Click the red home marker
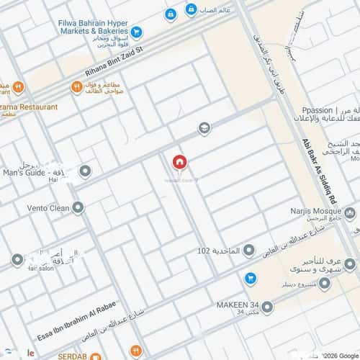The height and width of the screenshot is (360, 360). click(179, 163)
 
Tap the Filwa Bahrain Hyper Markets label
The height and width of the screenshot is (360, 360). click(93, 27)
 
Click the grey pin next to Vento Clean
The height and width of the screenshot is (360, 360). click(78, 207)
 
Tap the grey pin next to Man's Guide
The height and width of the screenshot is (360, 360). click(85, 171)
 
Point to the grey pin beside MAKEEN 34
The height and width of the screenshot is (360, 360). click(268, 307)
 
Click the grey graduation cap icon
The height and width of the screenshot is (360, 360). click(205, 128)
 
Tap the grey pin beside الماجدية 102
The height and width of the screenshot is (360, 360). click(249, 250)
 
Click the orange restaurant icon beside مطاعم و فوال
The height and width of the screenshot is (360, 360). click(76, 87)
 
